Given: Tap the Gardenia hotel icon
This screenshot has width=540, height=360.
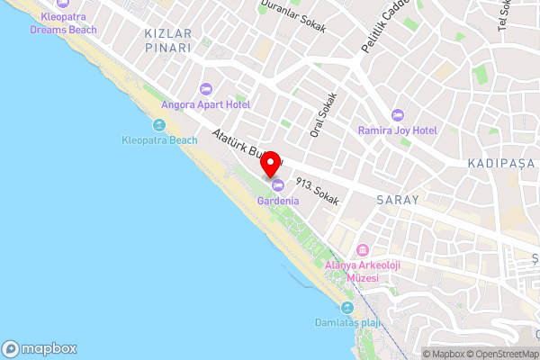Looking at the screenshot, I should click(277, 186).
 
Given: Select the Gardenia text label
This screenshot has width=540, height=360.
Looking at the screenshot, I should click(278, 201).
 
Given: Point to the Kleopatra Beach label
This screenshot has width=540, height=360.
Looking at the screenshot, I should click(159, 140).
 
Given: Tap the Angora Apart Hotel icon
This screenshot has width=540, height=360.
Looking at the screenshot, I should click(205, 88).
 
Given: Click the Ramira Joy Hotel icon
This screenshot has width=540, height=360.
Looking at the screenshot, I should click(397, 115).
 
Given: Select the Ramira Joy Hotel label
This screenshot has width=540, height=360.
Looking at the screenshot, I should click(397, 130).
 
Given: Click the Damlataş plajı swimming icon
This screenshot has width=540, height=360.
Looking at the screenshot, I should click(347, 308).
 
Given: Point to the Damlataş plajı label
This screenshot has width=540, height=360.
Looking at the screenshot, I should click(348, 322).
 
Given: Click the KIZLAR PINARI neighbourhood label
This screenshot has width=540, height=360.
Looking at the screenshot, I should click(168, 40).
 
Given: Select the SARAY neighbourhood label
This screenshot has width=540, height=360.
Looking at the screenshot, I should click(398, 200).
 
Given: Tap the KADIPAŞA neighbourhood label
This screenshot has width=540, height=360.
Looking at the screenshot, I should click(501, 164).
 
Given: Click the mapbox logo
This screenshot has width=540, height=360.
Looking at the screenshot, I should click(39, 349).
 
